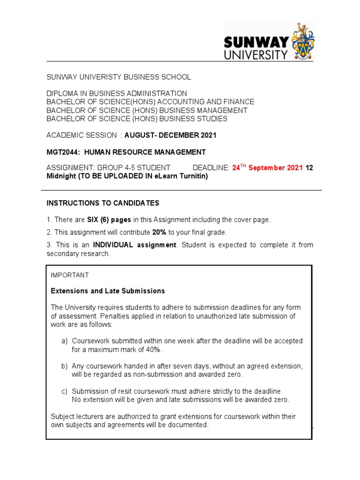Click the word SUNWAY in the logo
[256, 43]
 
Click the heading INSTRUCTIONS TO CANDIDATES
[103, 203]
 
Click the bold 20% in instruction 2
[159, 232]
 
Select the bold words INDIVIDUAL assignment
[135, 245]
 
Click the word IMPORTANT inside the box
[70, 275]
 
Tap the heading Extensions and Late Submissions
[108, 291]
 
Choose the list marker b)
[64, 366]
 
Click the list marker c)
[64, 391]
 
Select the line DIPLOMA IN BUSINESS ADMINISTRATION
[117, 93]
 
